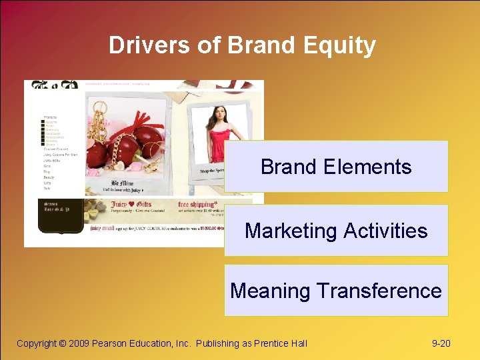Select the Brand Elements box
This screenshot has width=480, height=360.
coord(336,167)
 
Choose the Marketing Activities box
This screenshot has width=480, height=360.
coord(336,231)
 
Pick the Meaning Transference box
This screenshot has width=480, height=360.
coord(336,291)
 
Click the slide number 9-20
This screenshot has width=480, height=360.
coord(441,343)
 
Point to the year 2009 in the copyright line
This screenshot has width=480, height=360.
coord(79,343)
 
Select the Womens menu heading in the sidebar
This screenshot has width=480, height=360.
coord(51,117)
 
